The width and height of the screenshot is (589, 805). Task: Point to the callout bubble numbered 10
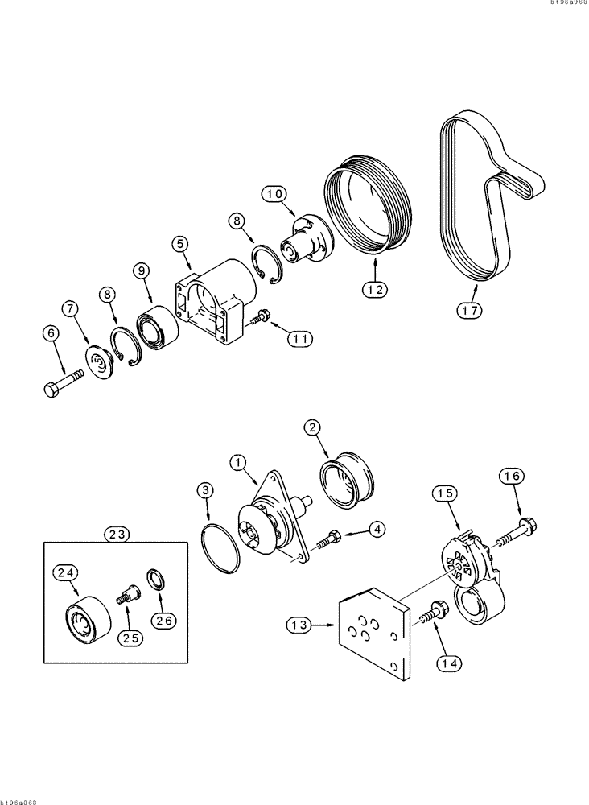(x=274, y=193)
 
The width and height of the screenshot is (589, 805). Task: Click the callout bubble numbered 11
(x=300, y=339)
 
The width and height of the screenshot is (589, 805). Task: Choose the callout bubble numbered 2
(x=315, y=427)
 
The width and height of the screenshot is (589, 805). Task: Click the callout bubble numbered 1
(x=237, y=462)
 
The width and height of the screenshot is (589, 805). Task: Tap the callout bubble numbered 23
(x=115, y=532)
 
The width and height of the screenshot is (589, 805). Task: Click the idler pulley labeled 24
(x=82, y=620)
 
